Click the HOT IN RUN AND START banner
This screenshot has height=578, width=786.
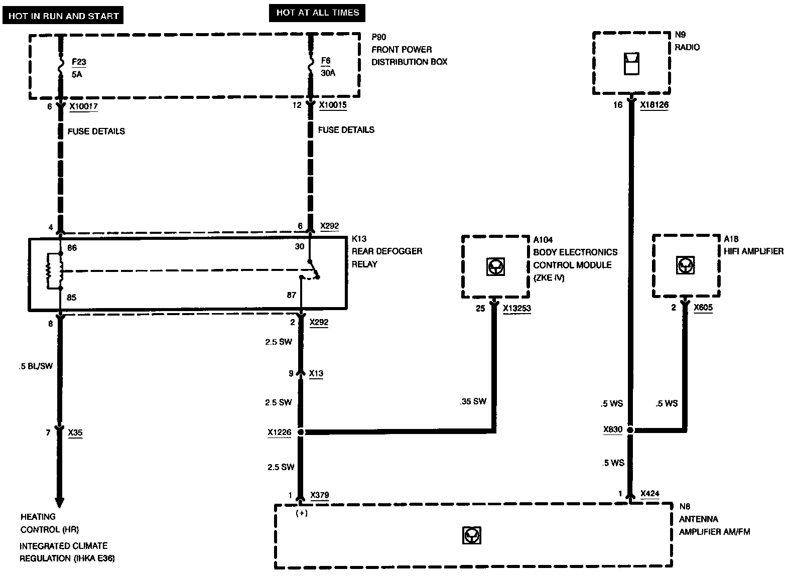(63, 16)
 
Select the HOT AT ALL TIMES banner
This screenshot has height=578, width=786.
(317, 13)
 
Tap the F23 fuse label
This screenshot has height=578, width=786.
(79, 62)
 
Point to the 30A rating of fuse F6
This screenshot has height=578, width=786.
(328, 73)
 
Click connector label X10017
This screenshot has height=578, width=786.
(83, 106)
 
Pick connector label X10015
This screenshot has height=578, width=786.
(333, 105)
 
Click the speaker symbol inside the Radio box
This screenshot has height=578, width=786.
(631, 64)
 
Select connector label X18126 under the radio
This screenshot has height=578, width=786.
(654, 105)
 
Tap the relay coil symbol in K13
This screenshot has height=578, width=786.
(55, 270)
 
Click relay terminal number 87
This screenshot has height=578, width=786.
(291, 295)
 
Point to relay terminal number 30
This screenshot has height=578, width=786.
(299, 246)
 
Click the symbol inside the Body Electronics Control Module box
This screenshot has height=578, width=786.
(495, 266)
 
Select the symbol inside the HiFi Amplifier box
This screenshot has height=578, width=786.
(685, 265)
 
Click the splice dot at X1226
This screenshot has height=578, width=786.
(301, 432)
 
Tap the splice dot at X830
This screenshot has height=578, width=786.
(630, 429)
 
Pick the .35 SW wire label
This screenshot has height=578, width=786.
(473, 401)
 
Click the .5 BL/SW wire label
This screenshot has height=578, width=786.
(36, 366)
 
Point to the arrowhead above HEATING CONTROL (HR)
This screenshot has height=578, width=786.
(60, 502)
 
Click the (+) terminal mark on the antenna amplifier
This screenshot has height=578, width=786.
(302, 513)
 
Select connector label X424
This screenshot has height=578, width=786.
(650, 494)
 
